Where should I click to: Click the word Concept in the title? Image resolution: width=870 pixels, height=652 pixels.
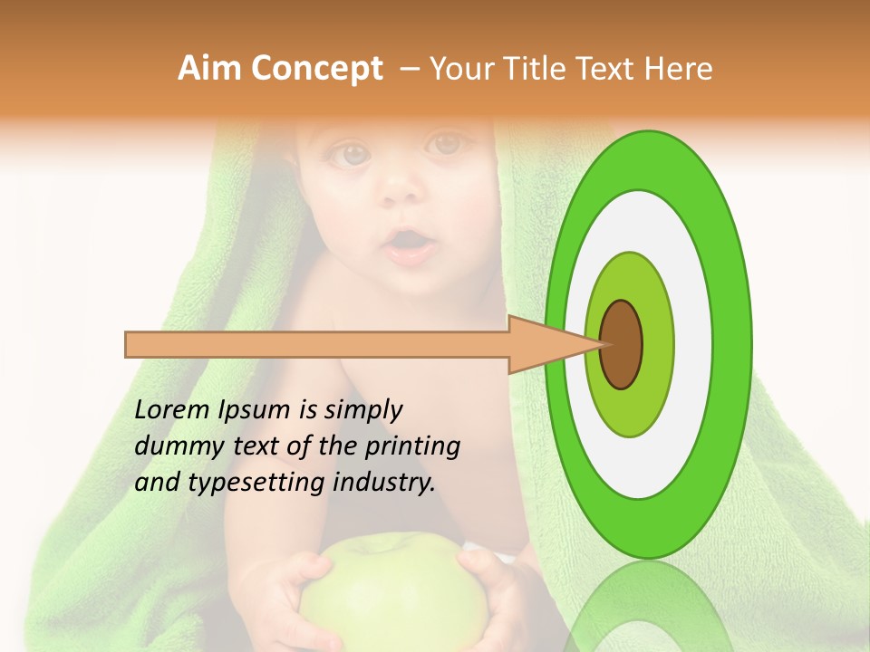pyautogui.click(x=317, y=70)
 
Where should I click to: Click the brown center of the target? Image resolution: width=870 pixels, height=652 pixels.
pyautogui.click(x=621, y=344)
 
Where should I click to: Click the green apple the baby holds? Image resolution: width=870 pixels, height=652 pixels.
pyautogui.click(x=392, y=589)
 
